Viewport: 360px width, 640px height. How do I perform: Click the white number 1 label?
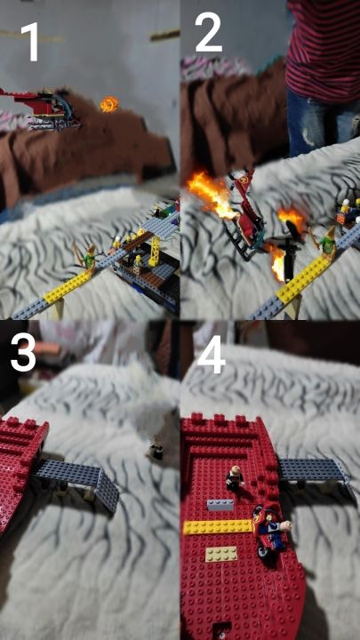(30, 42)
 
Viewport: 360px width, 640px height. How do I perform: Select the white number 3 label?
(23, 353)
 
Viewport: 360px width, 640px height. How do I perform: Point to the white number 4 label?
(212, 355)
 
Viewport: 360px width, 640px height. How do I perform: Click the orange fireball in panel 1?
(109, 105)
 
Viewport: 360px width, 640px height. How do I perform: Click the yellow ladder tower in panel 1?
(156, 251)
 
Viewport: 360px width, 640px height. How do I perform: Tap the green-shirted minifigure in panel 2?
(327, 243)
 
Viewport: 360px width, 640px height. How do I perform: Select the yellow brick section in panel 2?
(304, 278)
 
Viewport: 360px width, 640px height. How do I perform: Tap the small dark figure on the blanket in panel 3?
(156, 450)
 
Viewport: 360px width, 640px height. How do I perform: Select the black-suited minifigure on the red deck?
(235, 477)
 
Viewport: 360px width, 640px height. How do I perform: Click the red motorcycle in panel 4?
(268, 531)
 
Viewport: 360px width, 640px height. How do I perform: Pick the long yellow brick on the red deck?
(218, 527)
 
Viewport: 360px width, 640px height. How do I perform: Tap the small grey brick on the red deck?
(220, 505)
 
